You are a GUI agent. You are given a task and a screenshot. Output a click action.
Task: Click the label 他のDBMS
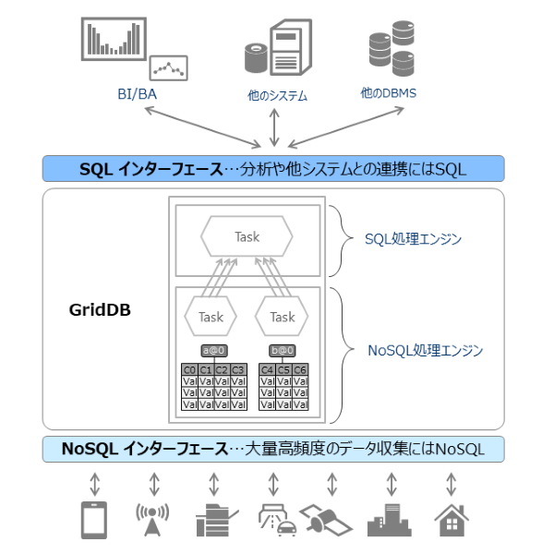pyautogui.click(x=388, y=93)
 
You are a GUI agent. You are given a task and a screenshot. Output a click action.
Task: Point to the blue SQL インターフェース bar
pyautogui.click(x=273, y=168)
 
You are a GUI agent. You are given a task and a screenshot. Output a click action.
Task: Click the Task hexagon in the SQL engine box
pyautogui.click(x=247, y=237)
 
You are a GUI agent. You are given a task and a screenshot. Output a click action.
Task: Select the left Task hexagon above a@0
pyautogui.click(x=211, y=317)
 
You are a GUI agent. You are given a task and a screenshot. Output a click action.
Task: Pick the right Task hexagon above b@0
pyautogui.click(x=282, y=317)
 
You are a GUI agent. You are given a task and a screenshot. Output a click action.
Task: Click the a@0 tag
pyautogui.click(x=214, y=351)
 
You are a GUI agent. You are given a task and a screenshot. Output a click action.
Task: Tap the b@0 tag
pyautogui.click(x=283, y=351)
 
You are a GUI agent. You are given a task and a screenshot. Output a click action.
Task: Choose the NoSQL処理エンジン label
pyautogui.click(x=425, y=351)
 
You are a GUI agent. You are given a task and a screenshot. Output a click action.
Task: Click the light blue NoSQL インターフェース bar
pyautogui.click(x=273, y=449)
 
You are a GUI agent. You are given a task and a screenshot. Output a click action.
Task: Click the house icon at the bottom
pyautogui.click(x=451, y=520)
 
